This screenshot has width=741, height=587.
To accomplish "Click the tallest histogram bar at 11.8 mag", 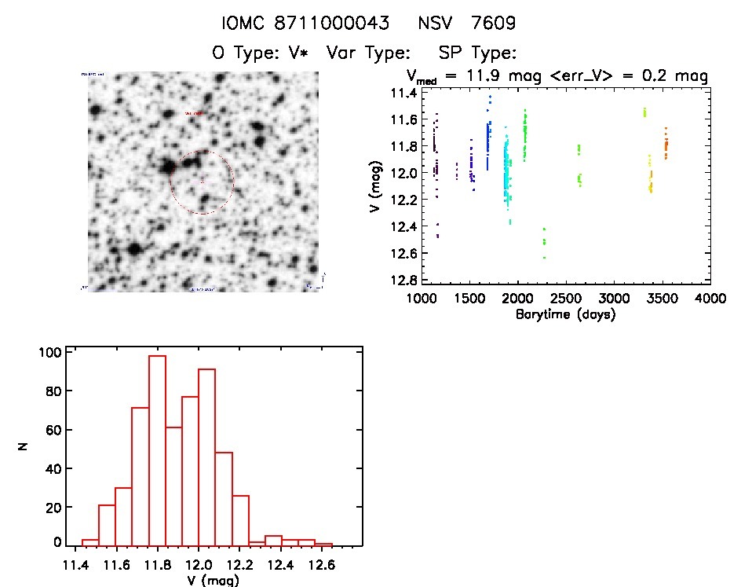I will [157, 450].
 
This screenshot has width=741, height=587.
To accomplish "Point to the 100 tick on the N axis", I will [49, 352].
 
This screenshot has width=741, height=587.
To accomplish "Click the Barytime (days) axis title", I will [567, 314].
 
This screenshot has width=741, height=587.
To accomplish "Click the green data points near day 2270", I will [543, 240].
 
